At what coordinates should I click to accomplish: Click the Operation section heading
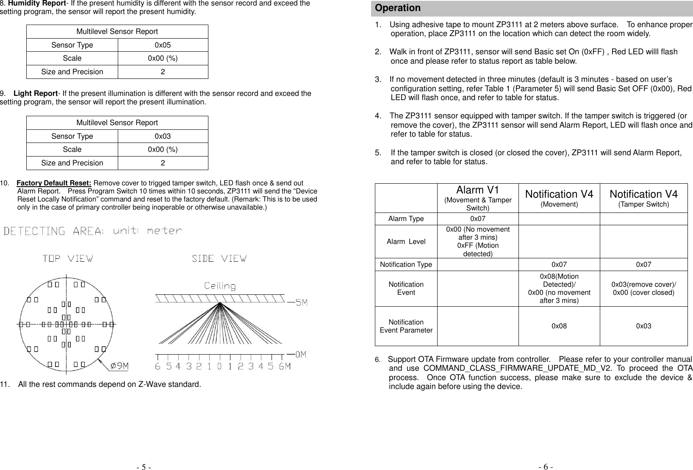point(398,8)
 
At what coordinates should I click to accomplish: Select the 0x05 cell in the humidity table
point(163,45)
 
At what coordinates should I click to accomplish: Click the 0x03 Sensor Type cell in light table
point(163,136)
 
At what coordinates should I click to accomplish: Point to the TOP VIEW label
point(68,258)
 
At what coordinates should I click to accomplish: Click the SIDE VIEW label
point(219,258)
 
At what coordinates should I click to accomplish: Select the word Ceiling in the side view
point(220,286)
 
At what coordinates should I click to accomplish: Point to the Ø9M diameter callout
point(119,366)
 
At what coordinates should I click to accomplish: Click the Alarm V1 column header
point(477,190)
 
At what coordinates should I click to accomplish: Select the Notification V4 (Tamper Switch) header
point(643,198)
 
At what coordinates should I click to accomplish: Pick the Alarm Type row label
point(406,219)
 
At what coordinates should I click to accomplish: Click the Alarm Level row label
point(406,241)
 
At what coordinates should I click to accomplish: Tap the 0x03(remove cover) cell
point(643,288)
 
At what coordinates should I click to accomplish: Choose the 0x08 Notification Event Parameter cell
point(559,326)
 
